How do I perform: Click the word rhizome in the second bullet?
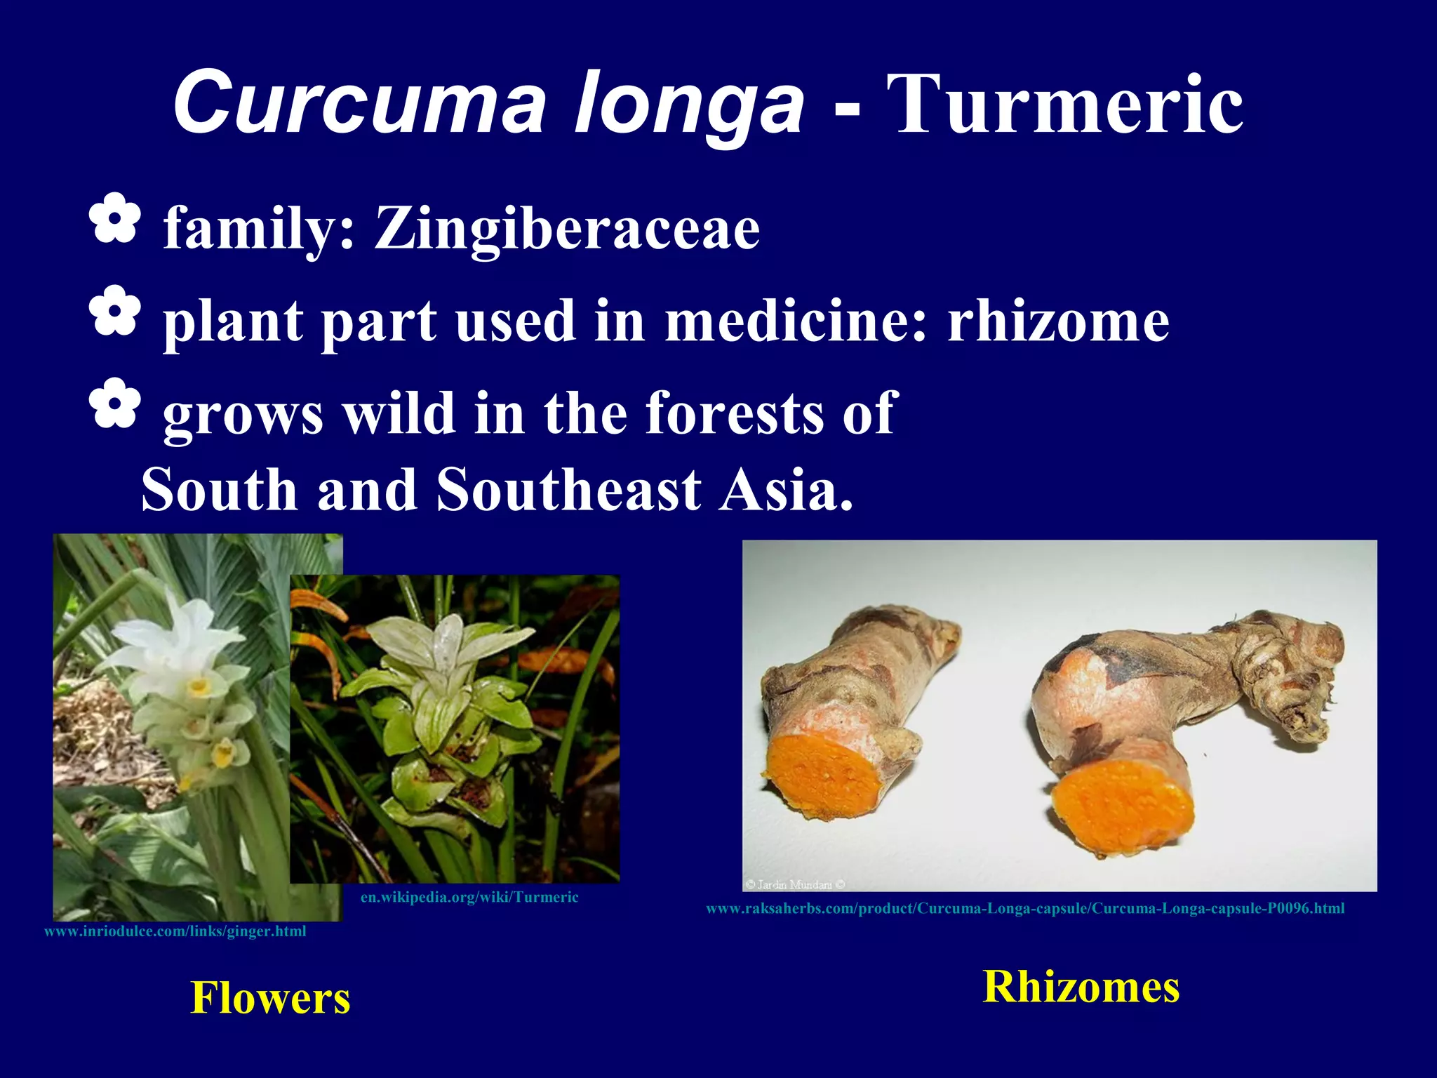click(x=1058, y=321)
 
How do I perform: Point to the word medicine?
click(x=796, y=321)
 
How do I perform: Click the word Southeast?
click(x=569, y=489)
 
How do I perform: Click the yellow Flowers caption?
click(x=270, y=997)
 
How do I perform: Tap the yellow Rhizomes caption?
click(x=1081, y=986)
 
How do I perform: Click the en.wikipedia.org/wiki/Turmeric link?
click(x=469, y=897)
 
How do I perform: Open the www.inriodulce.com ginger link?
click(x=175, y=931)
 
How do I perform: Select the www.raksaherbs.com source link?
click(x=1025, y=908)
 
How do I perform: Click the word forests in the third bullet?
click(x=734, y=413)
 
